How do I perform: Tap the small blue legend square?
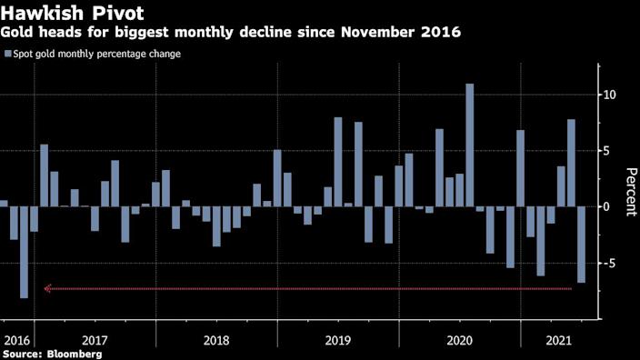[8, 54]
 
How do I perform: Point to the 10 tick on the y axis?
[611, 95]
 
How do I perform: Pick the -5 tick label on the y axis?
[612, 264]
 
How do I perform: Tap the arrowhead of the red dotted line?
[47, 289]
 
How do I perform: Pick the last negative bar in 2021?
[582, 245]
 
